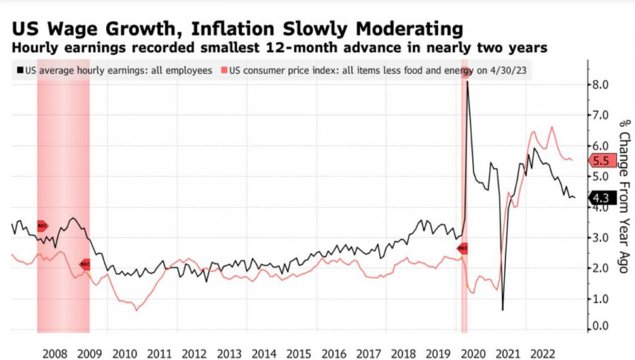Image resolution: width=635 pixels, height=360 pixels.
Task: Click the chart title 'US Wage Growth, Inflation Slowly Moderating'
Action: (x=236, y=29)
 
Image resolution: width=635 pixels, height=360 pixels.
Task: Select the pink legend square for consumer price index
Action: (x=224, y=71)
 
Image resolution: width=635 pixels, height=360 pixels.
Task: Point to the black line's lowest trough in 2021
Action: (x=502, y=309)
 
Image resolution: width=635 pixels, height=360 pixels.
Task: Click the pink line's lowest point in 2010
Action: (x=137, y=310)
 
